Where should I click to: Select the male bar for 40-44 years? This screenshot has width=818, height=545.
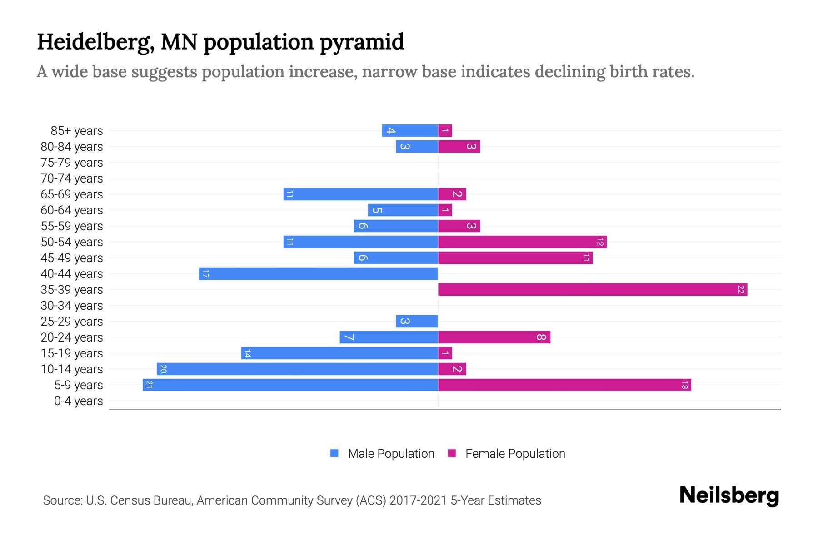318,274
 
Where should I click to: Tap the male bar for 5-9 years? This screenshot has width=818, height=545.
291,385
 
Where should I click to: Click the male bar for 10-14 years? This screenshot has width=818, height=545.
298,369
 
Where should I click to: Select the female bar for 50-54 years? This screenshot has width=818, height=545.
522,242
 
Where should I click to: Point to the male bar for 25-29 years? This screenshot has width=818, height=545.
417,322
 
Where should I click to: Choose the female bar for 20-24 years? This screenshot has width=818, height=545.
494,337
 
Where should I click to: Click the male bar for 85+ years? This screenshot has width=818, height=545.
410,131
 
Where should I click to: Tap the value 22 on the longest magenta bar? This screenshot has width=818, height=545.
741,290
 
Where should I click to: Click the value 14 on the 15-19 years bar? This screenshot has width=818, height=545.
247,353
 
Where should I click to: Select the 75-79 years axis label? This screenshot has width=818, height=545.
72,163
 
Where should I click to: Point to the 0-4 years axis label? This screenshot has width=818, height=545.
78,401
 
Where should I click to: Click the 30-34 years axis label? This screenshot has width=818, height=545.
72,306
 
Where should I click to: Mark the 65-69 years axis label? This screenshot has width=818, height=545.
72,194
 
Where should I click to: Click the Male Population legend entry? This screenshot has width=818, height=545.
391,454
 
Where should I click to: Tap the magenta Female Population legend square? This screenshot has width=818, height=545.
452,453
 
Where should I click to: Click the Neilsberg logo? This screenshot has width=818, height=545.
729,495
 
